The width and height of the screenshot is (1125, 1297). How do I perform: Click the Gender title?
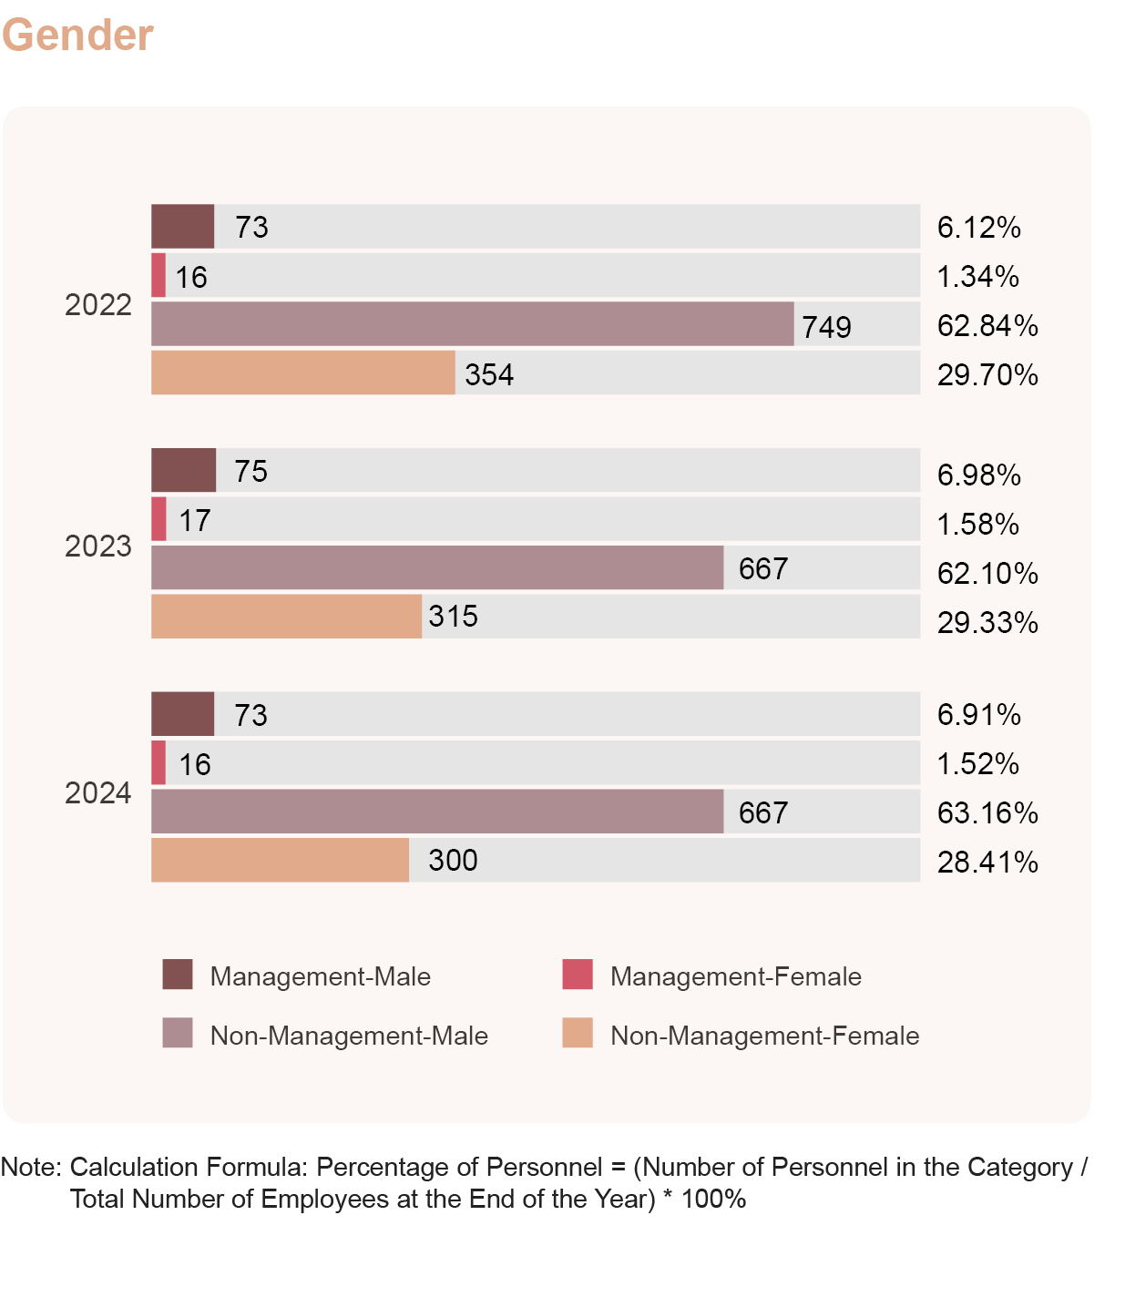77,36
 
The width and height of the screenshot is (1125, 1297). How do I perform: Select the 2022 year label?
98,305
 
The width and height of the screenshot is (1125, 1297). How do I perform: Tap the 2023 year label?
98,546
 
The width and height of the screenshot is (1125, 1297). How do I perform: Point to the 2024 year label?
98,793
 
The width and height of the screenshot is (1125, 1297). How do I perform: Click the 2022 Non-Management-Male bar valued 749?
472,324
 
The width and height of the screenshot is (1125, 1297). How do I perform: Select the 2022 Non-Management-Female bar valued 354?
302,373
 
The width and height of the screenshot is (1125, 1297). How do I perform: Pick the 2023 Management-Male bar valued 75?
183,471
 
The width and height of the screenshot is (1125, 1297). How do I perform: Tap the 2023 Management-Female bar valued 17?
159,519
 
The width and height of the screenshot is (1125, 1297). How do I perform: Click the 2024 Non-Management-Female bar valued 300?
280,861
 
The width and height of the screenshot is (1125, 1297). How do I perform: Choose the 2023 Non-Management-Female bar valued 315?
286,617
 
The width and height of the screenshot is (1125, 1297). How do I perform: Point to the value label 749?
826,327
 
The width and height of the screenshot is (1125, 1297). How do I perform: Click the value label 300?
453,861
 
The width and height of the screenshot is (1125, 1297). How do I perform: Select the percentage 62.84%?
987,326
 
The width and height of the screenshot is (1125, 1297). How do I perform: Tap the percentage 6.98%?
979,475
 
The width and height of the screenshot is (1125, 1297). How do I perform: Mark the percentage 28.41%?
987,863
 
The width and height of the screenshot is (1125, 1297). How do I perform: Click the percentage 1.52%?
978,764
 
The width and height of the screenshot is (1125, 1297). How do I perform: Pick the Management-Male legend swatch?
178,975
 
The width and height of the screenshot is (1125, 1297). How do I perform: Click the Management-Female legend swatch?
578,975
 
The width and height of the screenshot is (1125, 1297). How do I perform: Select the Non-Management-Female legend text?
764,1036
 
